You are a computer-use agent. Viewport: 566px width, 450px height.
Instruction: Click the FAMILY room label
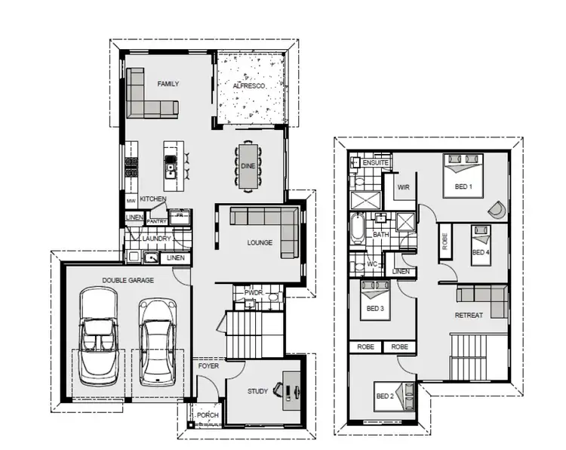[168, 84]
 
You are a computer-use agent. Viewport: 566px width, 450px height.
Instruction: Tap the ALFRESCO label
[250, 87]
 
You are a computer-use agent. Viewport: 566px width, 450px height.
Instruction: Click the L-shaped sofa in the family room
[148, 97]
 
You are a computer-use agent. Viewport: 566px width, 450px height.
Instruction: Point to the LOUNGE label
[260, 242]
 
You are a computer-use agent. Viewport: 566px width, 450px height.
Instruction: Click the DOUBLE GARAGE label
[128, 280]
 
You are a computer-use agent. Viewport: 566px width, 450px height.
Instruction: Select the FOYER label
[208, 366]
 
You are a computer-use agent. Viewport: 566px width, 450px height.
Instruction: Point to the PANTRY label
[157, 221]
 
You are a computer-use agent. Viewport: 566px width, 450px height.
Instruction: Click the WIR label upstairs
[403, 189]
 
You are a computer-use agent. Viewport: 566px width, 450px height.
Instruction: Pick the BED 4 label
[481, 251]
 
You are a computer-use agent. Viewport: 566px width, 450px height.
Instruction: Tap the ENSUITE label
[375, 162]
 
